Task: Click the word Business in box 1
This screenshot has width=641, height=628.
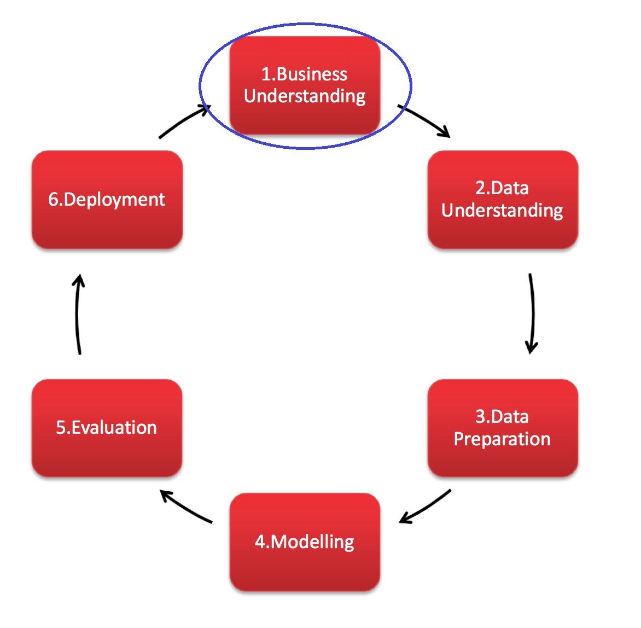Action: click(312, 74)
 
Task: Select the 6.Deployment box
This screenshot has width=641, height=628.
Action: click(107, 200)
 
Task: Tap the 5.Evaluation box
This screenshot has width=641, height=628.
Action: click(107, 428)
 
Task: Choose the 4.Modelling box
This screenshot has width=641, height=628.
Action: click(305, 542)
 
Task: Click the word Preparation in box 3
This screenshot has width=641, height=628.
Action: click(502, 439)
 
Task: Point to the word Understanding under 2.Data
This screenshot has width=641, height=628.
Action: click(502, 211)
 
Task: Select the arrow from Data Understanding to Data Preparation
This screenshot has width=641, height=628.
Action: click(532, 313)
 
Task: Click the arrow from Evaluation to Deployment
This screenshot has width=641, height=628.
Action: click(77, 313)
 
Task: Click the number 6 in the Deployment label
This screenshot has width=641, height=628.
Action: click(53, 200)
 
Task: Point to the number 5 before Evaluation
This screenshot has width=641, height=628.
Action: click(61, 428)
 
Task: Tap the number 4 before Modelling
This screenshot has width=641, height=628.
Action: click(260, 542)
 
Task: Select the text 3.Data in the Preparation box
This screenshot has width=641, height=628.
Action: click(502, 417)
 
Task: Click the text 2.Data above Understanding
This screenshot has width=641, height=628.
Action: click(502, 188)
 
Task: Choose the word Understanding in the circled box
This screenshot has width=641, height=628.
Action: click(305, 96)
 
